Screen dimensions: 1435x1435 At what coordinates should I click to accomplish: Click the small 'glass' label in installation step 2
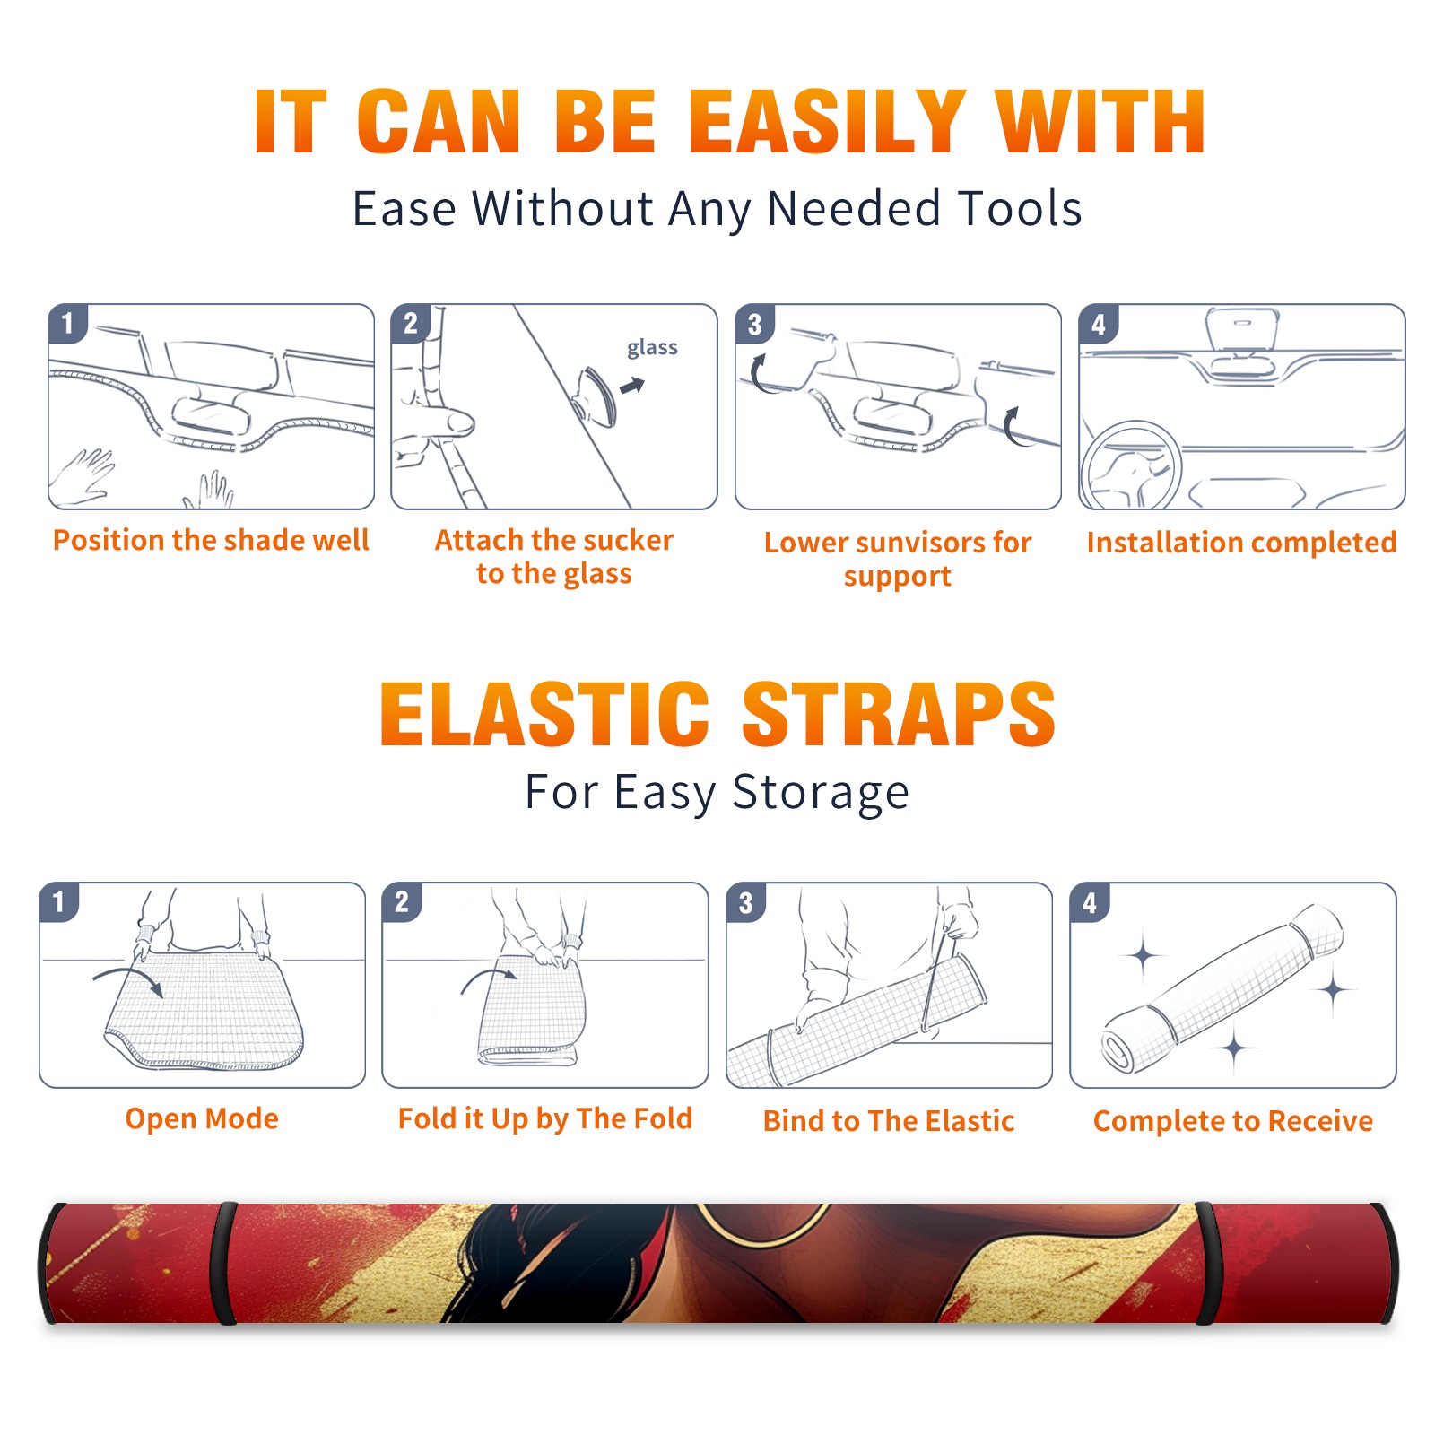point(652,348)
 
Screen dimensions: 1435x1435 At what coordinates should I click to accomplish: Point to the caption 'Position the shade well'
point(211,540)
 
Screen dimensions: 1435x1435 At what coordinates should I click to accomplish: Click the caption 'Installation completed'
point(1241,542)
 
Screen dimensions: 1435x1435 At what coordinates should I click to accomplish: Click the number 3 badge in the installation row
point(754,324)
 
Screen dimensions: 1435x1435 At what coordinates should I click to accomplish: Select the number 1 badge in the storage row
point(59,901)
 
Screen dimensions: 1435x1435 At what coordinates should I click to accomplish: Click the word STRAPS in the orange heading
point(899,714)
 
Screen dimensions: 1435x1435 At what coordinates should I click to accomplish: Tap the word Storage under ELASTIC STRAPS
point(821,793)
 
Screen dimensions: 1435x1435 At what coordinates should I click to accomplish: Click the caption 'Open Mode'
point(202,1118)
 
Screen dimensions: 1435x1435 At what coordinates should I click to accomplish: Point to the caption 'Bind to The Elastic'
point(888,1121)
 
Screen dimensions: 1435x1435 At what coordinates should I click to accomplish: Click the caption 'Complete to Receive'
point(1233,1121)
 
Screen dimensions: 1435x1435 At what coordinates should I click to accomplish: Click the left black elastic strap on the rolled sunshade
point(224,1263)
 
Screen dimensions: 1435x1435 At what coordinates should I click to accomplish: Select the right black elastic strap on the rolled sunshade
point(1206,1263)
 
